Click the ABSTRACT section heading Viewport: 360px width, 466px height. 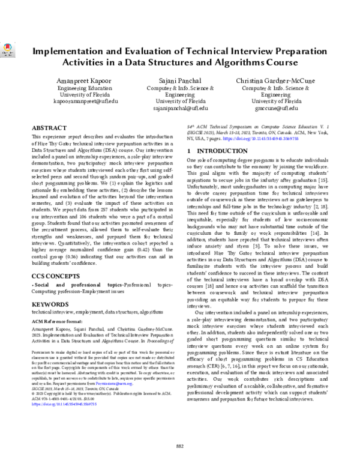[x=49, y=129]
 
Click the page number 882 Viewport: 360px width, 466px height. [x=179, y=445]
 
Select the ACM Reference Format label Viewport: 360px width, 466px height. [x=59, y=321]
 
